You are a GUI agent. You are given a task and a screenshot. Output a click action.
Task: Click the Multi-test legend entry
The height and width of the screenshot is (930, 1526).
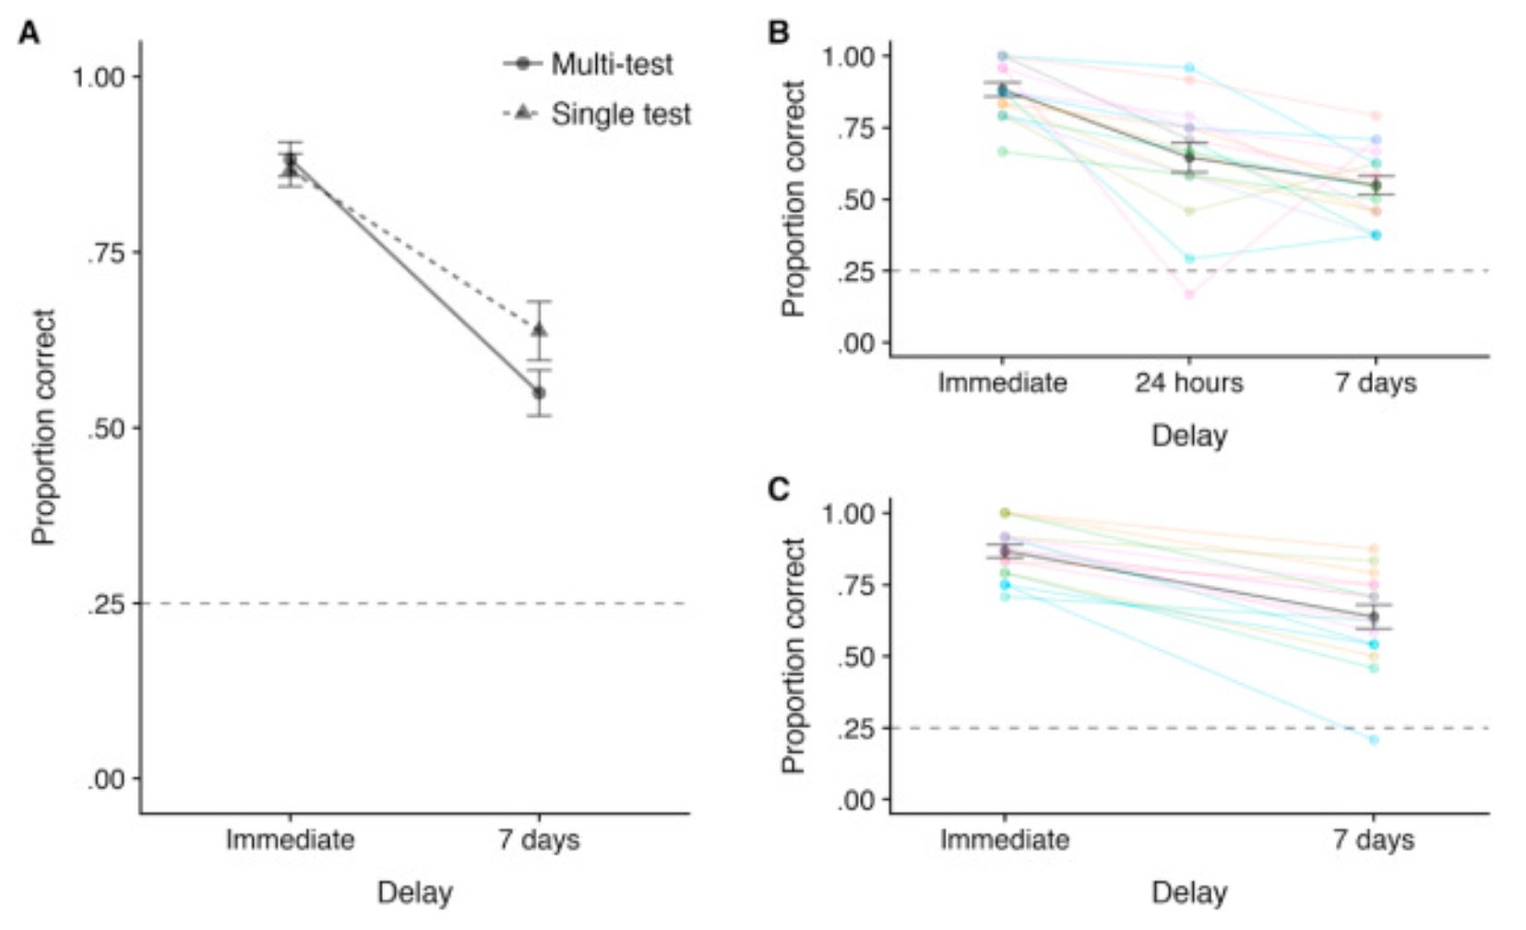(611, 65)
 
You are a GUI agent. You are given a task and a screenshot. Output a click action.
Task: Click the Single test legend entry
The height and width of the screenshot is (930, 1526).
(620, 114)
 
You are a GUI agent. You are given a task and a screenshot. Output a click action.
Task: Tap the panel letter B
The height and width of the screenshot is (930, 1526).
(779, 32)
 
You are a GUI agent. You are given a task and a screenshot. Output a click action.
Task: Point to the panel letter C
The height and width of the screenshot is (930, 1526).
(779, 489)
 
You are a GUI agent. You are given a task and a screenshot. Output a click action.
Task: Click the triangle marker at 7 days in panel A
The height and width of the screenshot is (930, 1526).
(540, 329)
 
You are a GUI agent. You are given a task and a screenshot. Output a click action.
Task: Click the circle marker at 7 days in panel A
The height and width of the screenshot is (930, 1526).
(540, 393)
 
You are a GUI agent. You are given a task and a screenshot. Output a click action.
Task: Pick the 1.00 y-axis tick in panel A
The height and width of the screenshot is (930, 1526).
(99, 77)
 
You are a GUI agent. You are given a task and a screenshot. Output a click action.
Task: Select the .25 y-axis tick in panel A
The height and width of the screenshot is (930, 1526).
(105, 604)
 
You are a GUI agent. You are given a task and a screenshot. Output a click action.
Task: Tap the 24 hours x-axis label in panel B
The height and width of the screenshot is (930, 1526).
(1188, 383)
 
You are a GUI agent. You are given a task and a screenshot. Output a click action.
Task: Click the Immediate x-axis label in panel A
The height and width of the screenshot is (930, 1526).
(290, 841)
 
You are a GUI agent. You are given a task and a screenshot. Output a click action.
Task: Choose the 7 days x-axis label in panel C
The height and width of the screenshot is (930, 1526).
(1373, 841)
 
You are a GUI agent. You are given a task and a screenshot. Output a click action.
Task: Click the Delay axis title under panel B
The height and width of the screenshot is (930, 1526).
(1188, 435)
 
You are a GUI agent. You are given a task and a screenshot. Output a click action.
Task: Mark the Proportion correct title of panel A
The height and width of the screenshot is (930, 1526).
(43, 427)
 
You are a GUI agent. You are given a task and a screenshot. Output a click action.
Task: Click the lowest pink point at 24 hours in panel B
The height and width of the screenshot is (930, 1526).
(1189, 294)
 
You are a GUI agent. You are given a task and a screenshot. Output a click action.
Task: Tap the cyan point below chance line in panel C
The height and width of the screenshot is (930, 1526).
(1374, 740)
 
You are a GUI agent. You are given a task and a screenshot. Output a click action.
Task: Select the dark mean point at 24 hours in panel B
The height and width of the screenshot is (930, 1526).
(1189, 158)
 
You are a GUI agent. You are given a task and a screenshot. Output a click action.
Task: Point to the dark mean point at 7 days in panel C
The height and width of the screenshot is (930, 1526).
(1374, 616)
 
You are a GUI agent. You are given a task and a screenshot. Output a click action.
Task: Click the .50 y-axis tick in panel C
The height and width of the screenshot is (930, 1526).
(852, 657)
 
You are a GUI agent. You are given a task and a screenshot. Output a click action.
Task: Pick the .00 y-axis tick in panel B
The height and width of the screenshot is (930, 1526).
(852, 344)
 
